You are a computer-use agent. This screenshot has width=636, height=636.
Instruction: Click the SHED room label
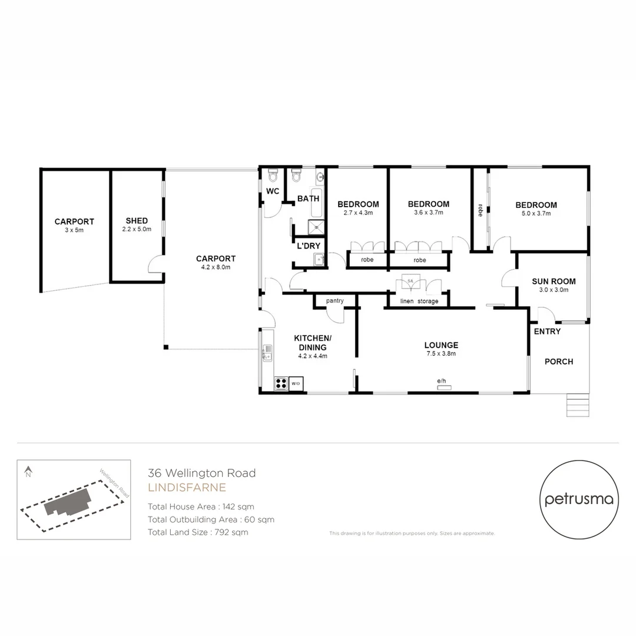(x=137, y=221)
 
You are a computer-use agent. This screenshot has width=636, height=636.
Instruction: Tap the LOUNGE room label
(x=441, y=345)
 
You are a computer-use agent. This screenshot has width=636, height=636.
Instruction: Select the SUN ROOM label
(x=554, y=281)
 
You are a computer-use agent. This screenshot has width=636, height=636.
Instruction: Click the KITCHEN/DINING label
(x=312, y=342)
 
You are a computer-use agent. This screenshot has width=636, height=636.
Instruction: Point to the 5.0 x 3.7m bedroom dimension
(x=536, y=214)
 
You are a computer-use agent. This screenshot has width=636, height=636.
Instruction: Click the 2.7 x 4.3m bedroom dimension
(x=358, y=213)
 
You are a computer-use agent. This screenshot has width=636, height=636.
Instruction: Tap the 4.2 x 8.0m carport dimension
(x=216, y=267)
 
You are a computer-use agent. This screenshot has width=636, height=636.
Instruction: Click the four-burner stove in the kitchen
(x=281, y=383)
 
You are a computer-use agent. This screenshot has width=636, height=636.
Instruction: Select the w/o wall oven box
(x=296, y=383)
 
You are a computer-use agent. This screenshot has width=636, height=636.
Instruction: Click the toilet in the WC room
(x=273, y=176)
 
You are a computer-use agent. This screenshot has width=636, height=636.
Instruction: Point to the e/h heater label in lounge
(x=442, y=382)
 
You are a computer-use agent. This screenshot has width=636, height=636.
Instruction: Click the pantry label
(x=334, y=301)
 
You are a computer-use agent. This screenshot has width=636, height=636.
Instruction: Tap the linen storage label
(x=419, y=301)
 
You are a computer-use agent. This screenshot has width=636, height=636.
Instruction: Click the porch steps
(x=577, y=406)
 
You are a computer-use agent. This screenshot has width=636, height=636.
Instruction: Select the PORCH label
(x=559, y=362)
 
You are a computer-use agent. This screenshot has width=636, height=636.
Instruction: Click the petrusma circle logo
(x=579, y=499)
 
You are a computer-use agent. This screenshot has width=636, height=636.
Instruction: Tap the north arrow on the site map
(x=28, y=471)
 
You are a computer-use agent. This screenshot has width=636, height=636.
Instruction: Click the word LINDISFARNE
(x=187, y=488)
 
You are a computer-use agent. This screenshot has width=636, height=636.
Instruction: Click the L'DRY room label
(x=308, y=246)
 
